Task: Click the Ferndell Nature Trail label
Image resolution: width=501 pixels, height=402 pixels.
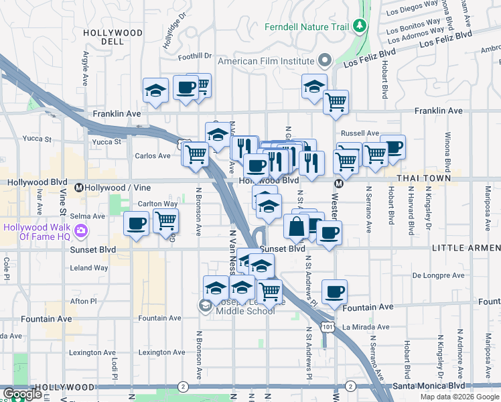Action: coord(307,27)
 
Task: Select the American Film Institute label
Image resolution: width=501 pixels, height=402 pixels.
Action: coord(267,60)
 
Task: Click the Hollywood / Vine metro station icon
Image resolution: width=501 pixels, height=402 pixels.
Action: coord(79,187)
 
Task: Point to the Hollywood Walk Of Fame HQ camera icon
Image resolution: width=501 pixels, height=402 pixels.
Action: coord(81,231)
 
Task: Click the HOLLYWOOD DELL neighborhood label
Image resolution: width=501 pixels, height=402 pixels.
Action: coord(113,36)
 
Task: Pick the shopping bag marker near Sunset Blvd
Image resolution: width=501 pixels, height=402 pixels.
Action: coord(295,226)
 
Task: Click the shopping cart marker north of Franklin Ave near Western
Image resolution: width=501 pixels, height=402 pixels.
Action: coord(335,102)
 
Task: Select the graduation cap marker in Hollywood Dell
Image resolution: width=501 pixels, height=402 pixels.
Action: coord(155,90)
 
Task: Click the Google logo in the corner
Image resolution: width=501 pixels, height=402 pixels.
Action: coord(21,394)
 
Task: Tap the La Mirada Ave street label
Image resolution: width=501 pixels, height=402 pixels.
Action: coord(366,327)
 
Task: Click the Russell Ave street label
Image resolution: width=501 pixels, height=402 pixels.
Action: coord(360,133)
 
